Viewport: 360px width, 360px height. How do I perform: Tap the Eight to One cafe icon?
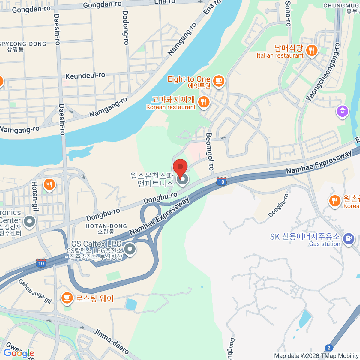tap(218, 81)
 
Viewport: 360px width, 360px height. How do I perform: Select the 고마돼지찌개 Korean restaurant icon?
tap(204, 102)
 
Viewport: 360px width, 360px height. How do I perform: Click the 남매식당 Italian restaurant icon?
tap(312, 50)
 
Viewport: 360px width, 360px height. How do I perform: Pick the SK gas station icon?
tap(348, 239)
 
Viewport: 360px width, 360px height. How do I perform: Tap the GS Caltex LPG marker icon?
tap(130, 249)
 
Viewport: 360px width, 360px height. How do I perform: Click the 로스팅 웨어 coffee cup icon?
tap(67, 298)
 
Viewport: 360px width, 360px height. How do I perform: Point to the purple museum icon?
tap(342, 111)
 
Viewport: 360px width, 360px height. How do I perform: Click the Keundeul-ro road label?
tap(85, 76)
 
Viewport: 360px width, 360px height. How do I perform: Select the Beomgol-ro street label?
tap(210, 151)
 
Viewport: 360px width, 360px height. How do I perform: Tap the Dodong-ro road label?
tap(125, 28)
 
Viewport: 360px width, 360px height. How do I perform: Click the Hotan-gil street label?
tap(35, 196)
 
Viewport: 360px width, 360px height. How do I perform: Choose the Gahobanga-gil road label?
tap(35, 291)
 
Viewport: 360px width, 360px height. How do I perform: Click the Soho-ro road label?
tap(288, 13)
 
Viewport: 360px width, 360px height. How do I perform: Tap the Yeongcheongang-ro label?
tap(323, 72)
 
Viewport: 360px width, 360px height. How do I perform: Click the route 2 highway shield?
tap(329, 348)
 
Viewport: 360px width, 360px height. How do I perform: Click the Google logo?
tap(19, 353)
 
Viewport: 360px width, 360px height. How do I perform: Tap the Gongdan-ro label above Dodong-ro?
tap(102, 4)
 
